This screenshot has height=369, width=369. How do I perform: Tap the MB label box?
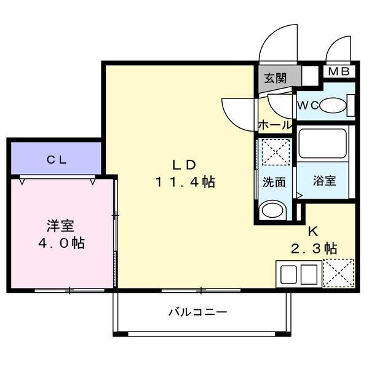point(338,71)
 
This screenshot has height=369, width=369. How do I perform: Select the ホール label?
point(274,124)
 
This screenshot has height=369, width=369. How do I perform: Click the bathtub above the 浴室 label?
point(322,146)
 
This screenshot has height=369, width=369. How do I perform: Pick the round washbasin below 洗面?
point(271,212)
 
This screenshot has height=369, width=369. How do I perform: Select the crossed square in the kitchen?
point(338,272)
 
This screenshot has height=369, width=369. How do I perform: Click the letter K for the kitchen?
point(312,232)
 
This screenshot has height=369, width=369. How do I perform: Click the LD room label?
point(183,165)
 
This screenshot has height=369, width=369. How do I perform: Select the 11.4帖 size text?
point(184,182)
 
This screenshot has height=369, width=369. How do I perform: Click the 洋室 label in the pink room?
point(60,225)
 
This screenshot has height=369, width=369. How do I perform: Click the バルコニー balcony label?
point(198,312)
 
